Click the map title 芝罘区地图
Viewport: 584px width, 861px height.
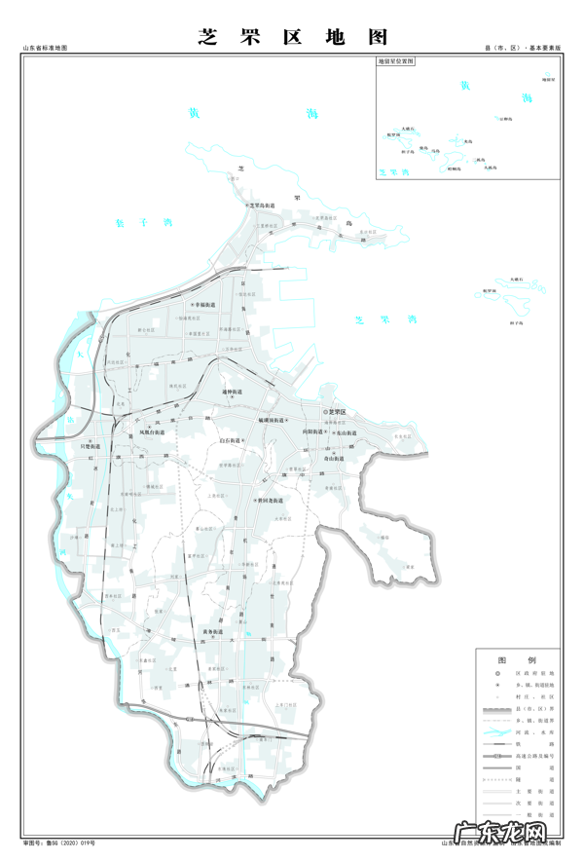click(x=292, y=37)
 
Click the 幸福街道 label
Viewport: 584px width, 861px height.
click(x=209, y=305)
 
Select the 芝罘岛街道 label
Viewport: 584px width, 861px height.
click(x=262, y=206)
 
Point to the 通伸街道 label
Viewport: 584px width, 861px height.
click(x=233, y=393)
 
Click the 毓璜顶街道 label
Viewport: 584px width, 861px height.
click(x=271, y=420)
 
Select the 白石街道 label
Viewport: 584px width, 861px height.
click(x=234, y=441)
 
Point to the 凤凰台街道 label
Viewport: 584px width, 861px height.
click(x=153, y=431)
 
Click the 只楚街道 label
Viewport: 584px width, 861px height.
click(x=91, y=446)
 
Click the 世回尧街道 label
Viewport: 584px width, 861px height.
click(x=269, y=501)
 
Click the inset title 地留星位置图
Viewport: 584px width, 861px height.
click(x=396, y=60)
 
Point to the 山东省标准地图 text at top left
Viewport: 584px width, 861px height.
click(x=44, y=48)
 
